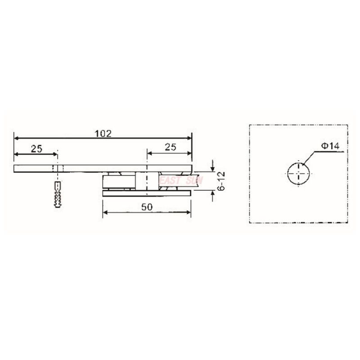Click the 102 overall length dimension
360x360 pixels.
(x=103, y=134)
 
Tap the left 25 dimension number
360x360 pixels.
(x=37, y=148)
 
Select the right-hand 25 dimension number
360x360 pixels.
(x=170, y=147)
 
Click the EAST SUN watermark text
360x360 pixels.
(x=181, y=180)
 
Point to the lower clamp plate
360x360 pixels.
(x=147, y=193)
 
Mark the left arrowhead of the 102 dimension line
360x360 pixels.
(x=17, y=138)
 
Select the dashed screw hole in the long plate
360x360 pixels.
(x=57, y=168)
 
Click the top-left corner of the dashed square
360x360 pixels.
(x=250, y=125)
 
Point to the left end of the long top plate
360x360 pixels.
(x=15, y=168)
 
